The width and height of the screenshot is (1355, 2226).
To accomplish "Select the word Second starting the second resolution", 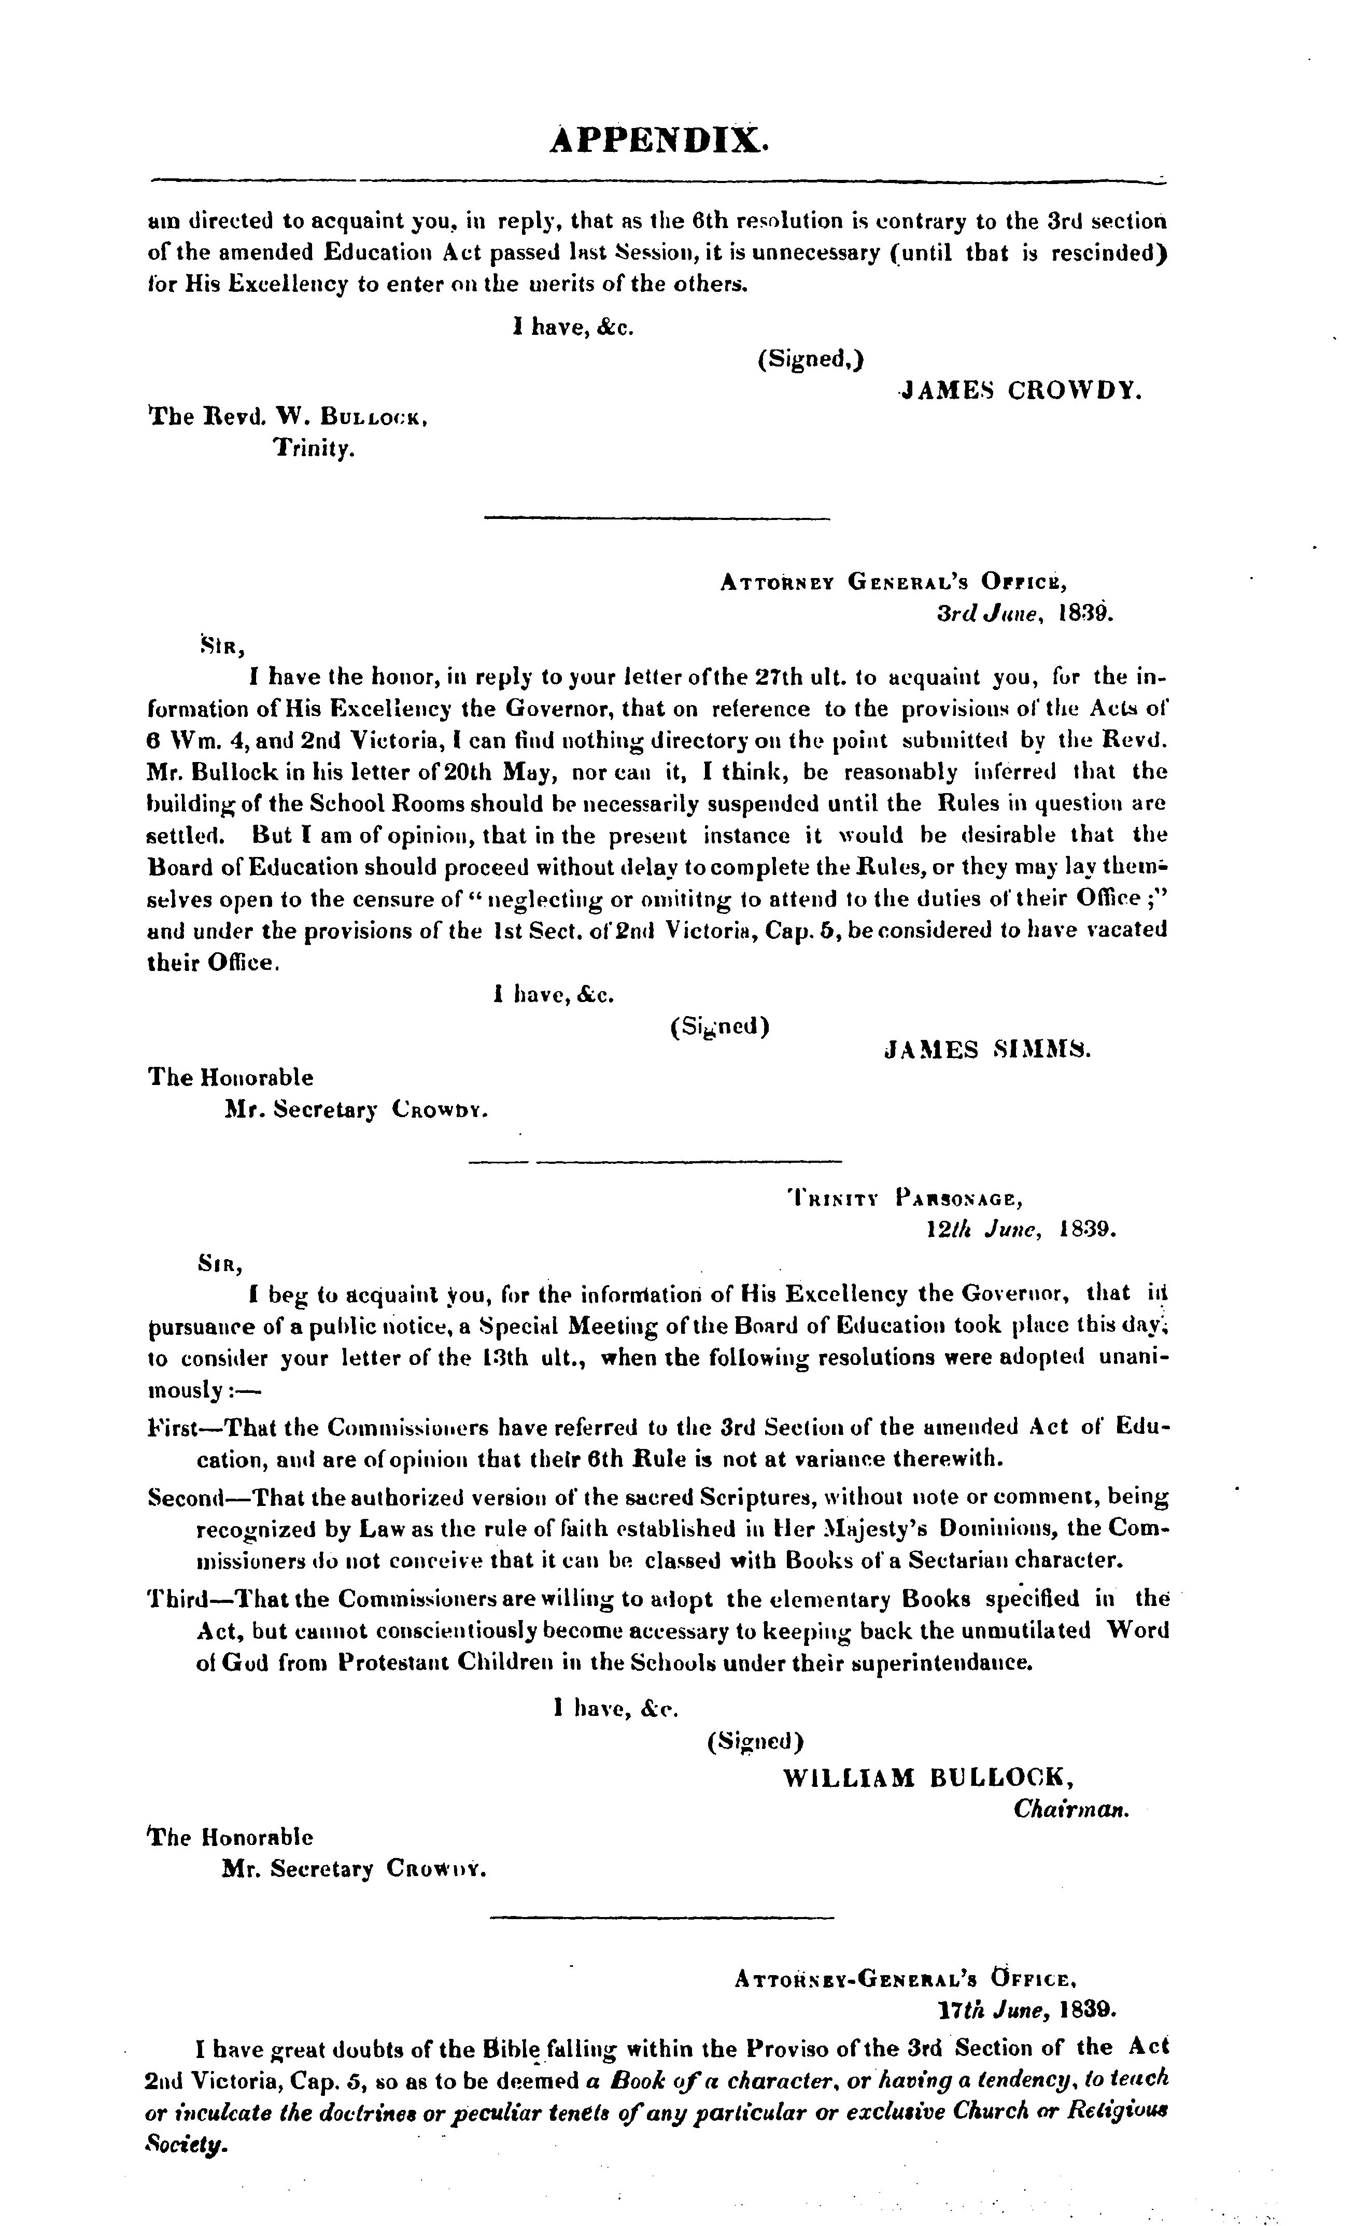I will pyautogui.click(x=185, y=1497).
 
